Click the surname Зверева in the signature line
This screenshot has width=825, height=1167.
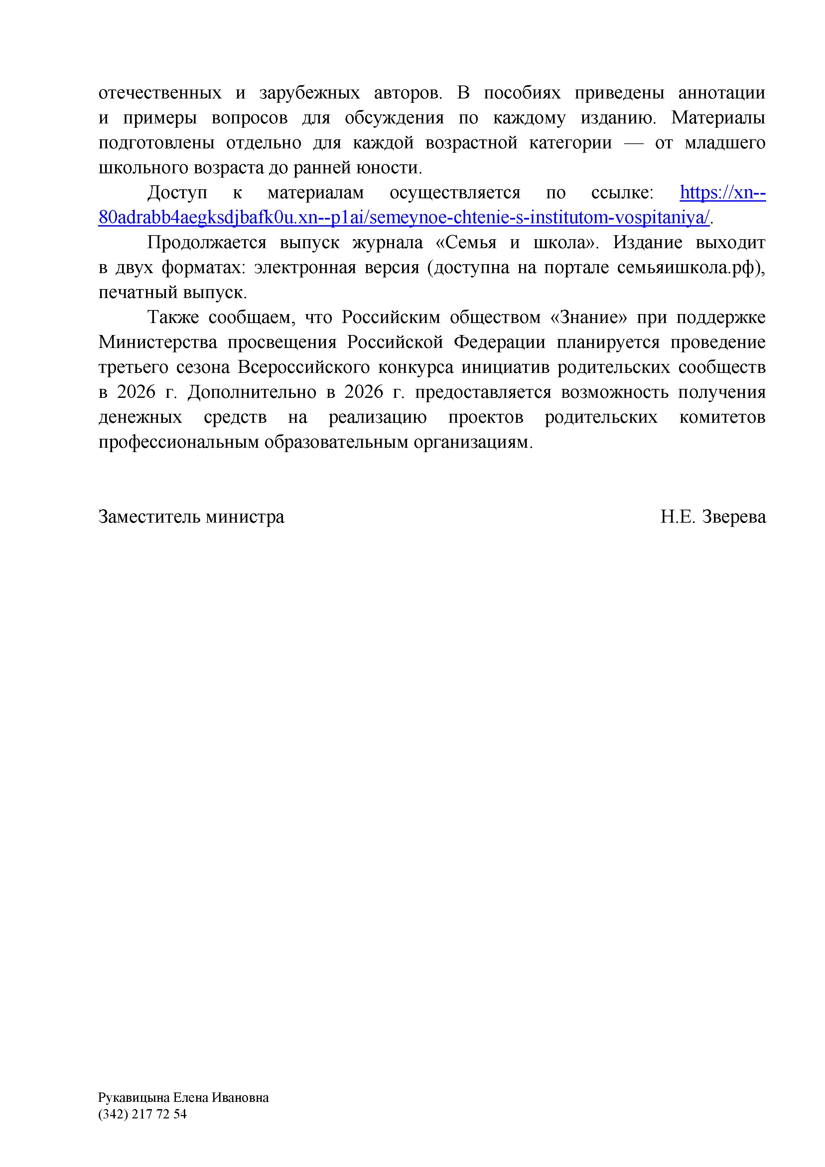point(734,517)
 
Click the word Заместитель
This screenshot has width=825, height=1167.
point(150,517)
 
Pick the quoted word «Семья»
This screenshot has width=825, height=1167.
point(466,243)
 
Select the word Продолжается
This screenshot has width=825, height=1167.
point(206,243)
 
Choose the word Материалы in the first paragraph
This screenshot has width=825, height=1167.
point(718,118)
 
